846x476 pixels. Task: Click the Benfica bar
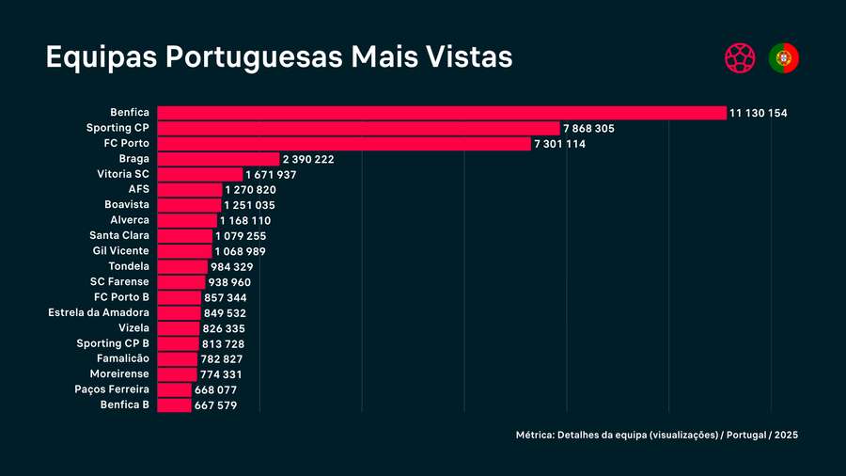(442, 113)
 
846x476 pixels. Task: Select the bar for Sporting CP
(358, 128)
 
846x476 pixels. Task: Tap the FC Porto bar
(344, 143)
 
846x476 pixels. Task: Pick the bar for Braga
(218, 159)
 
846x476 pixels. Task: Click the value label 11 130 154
(759, 113)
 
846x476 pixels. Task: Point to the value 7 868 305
(588, 128)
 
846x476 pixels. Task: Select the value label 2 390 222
(308, 159)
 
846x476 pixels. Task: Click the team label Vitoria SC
(122, 174)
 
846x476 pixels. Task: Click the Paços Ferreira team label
(111, 389)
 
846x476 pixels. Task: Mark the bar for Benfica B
(174, 405)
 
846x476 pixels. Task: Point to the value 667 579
(215, 405)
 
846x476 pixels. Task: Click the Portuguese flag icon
(784, 58)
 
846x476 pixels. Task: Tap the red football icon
(740, 58)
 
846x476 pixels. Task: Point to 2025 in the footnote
(788, 436)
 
